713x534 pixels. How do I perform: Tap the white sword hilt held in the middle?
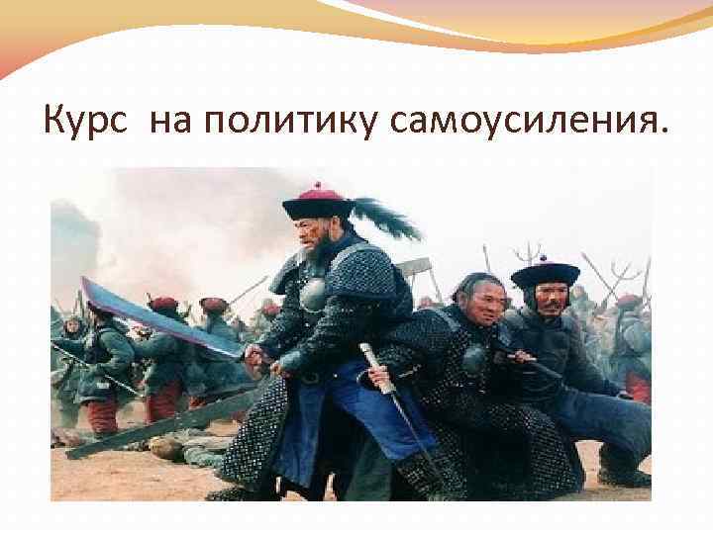click(x=375, y=370)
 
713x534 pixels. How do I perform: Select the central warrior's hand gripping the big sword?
click(x=255, y=353)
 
